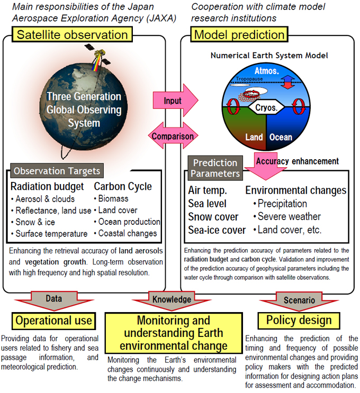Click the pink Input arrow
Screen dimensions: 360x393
175,100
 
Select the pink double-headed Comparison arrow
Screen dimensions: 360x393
173,136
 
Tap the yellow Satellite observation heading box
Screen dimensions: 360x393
72,34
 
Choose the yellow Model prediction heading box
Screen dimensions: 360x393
239,34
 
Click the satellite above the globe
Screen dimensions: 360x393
98,56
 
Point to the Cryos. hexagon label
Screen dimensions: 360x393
266,107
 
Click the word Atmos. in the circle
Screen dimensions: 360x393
267,71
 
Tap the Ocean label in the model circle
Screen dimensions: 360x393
281,137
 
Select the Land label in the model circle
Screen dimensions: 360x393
254,137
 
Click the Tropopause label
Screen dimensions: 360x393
249,79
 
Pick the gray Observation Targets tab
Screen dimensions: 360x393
57,171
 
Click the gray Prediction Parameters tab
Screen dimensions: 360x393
215,168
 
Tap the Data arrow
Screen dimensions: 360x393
54,300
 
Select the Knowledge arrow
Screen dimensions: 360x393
172,300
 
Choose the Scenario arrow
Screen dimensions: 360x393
299,301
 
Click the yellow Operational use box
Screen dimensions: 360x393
53,321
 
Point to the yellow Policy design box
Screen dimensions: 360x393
299,321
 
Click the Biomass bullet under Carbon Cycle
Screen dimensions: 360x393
111,198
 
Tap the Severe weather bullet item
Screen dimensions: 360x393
287,216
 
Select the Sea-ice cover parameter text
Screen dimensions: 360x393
217,230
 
